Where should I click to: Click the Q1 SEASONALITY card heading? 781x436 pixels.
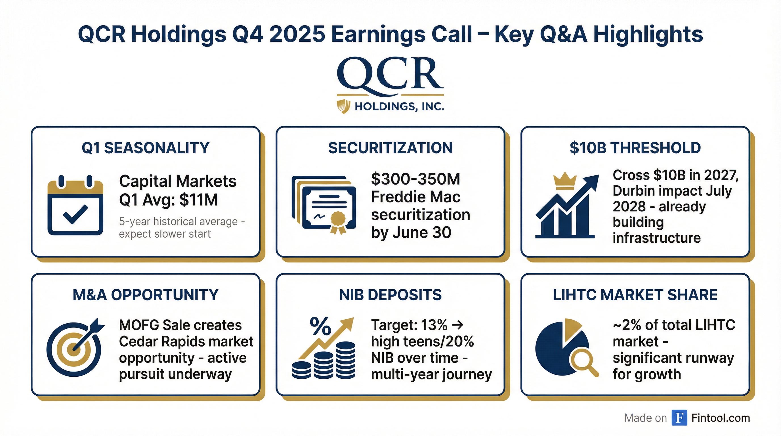[x=146, y=148]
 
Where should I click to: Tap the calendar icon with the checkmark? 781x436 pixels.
[x=75, y=205]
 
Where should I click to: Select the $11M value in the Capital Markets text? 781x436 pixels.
[x=199, y=200]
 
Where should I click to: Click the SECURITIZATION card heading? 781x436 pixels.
[x=390, y=148]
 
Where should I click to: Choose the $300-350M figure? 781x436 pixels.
[x=416, y=179]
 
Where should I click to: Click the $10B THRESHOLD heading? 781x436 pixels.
[x=635, y=148]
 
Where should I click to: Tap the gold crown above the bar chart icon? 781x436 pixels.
[x=564, y=181]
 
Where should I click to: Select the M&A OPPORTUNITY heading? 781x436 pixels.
[x=146, y=295]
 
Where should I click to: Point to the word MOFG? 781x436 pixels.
[x=139, y=325]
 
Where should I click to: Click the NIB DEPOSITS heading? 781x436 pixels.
[x=390, y=295]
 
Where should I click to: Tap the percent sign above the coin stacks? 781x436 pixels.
[x=320, y=326]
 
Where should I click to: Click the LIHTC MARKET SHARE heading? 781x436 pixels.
[x=635, y=295]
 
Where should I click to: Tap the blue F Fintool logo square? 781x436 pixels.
[x=679, y=418]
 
